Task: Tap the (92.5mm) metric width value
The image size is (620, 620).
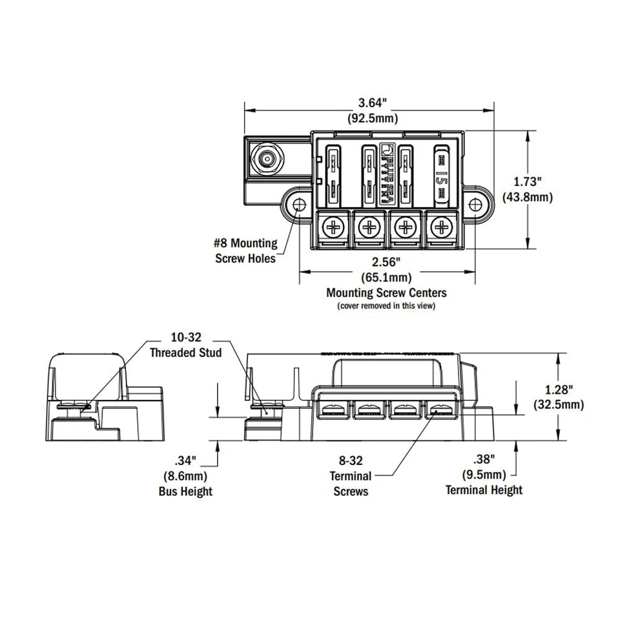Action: [x=373, y=118]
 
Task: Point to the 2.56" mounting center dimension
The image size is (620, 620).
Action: [x=387, y=263]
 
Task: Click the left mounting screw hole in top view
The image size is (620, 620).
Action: [x=299, y=204]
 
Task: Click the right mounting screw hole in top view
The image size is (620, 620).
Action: [x=477, y=204]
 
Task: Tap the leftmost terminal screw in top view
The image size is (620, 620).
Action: [x=333, y=227]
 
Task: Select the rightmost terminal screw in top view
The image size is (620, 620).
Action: [x=441, y=227]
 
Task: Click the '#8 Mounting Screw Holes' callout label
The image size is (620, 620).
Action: [x=245, y=251]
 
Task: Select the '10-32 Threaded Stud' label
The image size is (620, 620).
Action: [x=185, y=346]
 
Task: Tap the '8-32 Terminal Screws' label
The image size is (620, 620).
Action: [x=351, y=476]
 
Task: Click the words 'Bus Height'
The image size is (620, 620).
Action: [x=185, y=491]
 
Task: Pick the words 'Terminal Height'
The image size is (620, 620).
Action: [x=484, y=490]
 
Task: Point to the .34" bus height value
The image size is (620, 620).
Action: [x=185, y=461]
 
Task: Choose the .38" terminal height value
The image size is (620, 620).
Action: [x=484, y=460]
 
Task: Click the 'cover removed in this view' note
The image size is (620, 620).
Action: [x=386, y=305]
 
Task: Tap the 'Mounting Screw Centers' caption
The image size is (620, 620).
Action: [x=386, y=293]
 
